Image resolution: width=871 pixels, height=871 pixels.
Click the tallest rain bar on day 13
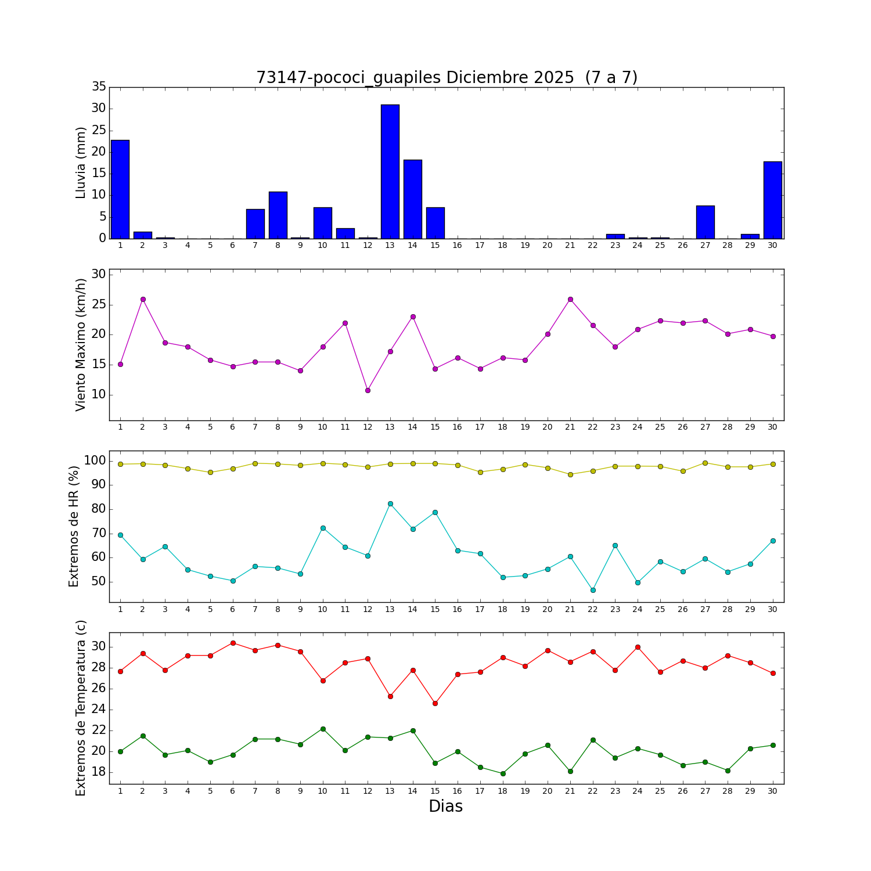[x=390, y=171]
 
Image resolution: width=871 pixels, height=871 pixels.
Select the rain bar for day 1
[x=120, y=189]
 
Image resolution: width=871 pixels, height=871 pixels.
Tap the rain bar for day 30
[x=772, y=200]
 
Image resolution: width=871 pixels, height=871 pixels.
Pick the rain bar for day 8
[x=278, y=215]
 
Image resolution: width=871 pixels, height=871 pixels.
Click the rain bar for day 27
[x=705, y=222]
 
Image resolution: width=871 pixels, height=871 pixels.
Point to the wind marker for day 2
[x=143, y=299]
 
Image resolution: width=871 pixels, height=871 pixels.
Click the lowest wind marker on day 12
[x=368, y=390]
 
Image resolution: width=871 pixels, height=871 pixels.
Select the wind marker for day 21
[x=570, y=299]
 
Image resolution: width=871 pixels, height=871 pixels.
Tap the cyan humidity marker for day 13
[x=390, y=503]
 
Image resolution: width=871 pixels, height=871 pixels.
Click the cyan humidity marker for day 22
[x=593, y=590]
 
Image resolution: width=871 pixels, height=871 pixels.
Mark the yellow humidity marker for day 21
[x=570, y=474]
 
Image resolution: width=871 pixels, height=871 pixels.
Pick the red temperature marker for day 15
[x=435, y=703]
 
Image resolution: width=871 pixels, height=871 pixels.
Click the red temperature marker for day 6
[x=233, y=643]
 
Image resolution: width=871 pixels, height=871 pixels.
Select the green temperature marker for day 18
[x=503, y=773]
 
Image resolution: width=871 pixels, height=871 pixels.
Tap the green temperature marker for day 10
[x=323, y=729]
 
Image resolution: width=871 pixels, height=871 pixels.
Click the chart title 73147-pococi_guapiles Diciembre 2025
[x=447, y=78]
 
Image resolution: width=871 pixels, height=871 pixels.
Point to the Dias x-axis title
[x=445, y=807]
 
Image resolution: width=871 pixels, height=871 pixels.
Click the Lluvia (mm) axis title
[x=81, y=163]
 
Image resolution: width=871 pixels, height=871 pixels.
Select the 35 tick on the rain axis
[x=99, y=87]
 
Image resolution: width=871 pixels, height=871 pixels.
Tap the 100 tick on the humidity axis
[x=95, y=461]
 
